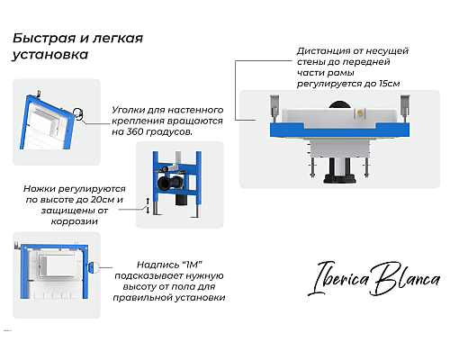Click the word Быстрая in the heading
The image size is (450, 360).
44,38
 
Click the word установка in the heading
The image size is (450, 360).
50,55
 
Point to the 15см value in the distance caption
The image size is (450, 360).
389,84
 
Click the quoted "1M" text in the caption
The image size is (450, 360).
192,265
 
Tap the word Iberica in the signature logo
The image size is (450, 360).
339,278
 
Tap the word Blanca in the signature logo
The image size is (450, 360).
406,278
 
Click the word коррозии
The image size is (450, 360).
75,221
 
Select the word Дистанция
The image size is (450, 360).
324,51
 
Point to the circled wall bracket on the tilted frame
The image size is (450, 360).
78,114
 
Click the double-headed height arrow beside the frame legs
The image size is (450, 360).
148,205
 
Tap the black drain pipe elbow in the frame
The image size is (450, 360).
168,183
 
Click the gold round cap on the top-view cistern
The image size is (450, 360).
360,112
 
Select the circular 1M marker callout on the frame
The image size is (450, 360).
93,267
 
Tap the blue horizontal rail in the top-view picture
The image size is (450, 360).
339,130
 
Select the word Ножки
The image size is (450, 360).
39,189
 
